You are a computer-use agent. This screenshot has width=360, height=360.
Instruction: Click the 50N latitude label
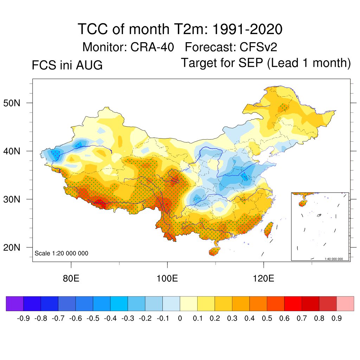point(12,103)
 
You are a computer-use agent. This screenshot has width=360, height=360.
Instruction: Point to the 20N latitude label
point(12,247)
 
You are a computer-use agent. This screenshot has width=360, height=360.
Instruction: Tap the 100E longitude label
point(167,278)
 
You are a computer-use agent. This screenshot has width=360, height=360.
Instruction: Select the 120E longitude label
point(264,278)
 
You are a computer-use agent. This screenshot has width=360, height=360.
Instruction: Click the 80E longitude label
point(71,278)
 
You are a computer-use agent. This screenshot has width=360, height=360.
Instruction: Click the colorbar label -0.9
point(23,319)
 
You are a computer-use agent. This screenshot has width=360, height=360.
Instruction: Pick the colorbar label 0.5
point(267,319)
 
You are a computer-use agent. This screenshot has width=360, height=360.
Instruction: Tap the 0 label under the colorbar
point(180,319)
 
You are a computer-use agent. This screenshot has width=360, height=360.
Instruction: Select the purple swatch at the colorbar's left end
point(15,304)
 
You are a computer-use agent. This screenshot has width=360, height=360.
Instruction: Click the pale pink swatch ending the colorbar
point(345,304)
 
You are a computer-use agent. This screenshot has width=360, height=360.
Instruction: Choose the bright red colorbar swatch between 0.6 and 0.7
point(293,304)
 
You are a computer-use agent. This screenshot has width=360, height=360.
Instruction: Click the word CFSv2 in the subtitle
point(258,47)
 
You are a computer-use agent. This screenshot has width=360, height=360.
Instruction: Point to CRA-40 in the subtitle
point(152,47)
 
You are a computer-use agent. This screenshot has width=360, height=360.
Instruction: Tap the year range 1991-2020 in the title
point(247,29)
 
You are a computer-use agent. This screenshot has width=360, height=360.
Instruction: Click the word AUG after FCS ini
point(89,65)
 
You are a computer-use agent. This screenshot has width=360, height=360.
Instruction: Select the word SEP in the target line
point(251,63)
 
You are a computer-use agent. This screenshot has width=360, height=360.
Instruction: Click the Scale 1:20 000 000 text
point(61,253)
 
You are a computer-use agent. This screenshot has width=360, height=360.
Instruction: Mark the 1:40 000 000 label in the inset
point(334,259)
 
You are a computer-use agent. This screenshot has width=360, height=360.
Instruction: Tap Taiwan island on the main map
point(269,229)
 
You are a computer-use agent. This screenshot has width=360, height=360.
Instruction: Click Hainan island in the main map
point(214,251)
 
